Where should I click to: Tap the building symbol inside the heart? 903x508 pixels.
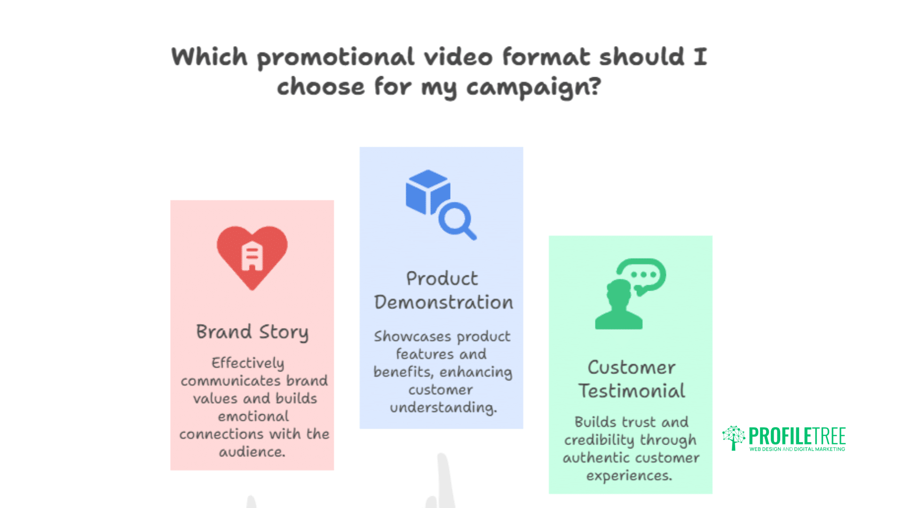[252, 256]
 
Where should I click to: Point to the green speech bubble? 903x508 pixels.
[642, 275]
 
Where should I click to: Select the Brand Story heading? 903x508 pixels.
[252, 332]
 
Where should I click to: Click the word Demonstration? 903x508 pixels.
[444, 302]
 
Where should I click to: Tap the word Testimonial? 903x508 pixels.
[632, 391]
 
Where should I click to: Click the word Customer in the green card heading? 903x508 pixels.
[631, 367]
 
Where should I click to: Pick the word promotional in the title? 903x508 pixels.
[335, 57]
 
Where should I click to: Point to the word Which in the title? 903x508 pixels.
[209, 56]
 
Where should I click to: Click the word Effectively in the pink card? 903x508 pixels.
[248, 363]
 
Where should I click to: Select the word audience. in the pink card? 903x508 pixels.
[252, 452]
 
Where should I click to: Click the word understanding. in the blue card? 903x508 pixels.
[443, 407]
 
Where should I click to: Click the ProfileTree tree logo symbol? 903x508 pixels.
[733, 437]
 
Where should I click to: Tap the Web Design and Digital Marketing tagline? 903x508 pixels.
[797, 449]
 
